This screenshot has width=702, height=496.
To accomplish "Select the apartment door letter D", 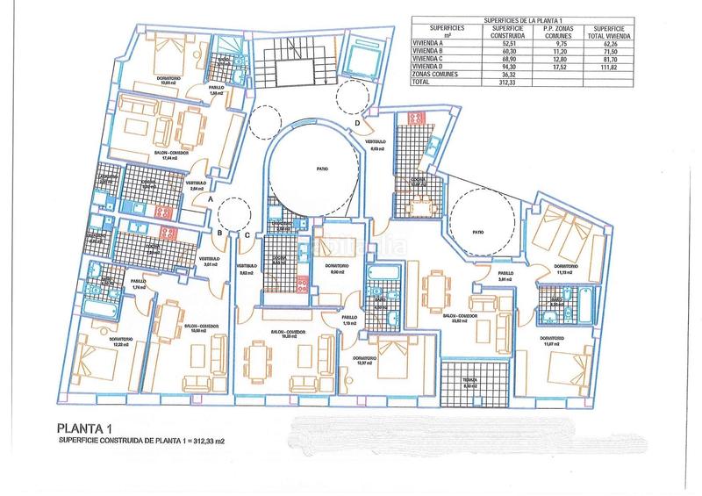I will click(356, 124).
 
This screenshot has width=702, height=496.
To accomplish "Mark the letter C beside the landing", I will click(247, 233).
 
